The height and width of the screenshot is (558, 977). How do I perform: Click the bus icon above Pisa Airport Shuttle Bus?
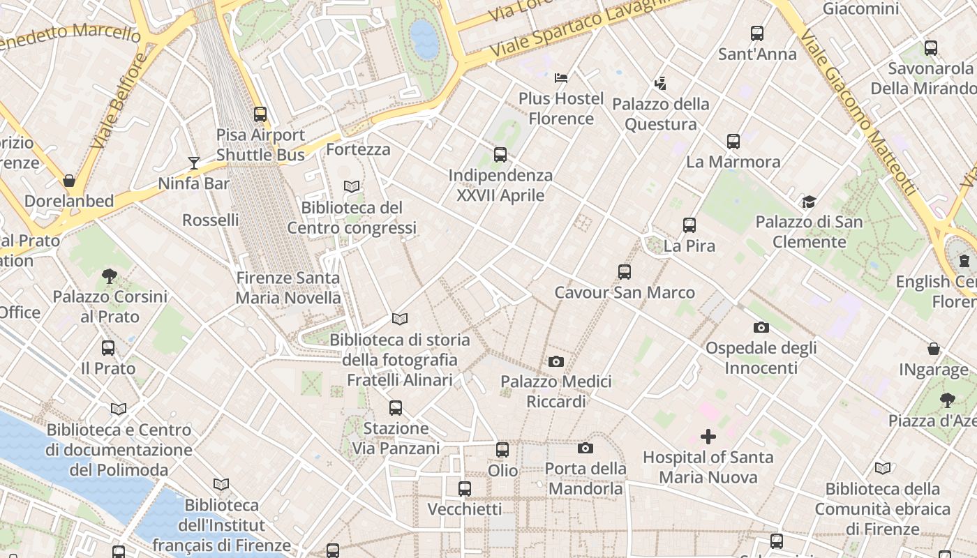pos(260,114)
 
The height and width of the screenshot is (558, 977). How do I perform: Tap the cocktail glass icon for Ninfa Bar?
pos(194,163)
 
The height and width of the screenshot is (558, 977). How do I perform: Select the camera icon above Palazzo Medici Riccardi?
pos(556,361)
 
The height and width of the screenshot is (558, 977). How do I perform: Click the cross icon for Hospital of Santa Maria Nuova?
pos(708,437)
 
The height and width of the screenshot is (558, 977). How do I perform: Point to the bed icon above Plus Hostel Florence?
pos(561,77)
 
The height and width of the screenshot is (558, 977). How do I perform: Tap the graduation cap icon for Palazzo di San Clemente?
pos(809,202)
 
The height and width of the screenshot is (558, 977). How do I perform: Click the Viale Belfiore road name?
pos(119,101)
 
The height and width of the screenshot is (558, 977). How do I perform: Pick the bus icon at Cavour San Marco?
pos(625,271)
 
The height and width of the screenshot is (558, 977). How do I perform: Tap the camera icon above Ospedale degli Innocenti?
pos(761,327)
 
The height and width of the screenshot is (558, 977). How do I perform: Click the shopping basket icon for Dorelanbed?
pos(69,181)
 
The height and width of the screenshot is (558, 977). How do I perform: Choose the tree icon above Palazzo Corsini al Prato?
pos(109,276)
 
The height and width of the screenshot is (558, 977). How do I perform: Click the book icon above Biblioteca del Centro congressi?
pos(352,187)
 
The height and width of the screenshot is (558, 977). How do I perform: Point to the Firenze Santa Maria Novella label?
pos(288,287)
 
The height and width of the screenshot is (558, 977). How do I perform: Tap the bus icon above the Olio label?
pos(502,450)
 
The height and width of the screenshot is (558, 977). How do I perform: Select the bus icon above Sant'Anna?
pos(757,33)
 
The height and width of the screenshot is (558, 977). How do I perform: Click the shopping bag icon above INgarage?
pos(933,349)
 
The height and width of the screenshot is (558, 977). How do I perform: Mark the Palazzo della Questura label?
pos(660,114)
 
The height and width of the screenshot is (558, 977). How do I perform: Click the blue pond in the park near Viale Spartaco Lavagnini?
pos(424,38)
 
